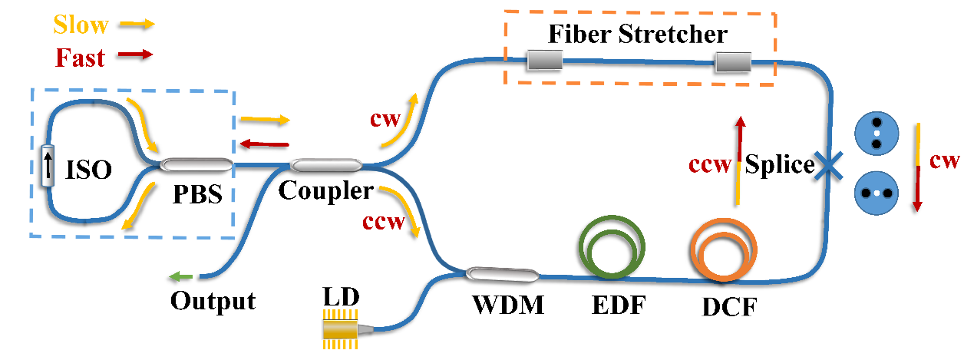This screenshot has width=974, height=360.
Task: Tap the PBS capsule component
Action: point(195,163)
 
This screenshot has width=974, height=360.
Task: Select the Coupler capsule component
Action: point(326,164)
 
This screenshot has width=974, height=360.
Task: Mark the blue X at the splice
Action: point(830,165)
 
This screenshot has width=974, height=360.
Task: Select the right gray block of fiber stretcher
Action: point(733,64)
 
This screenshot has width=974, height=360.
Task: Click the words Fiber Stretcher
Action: point(637,35)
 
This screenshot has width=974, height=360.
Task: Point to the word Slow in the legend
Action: point(81,25)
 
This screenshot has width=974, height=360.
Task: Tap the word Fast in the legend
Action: point(80,56)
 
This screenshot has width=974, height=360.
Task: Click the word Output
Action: point(213,300)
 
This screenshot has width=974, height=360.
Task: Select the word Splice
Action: point(780,165)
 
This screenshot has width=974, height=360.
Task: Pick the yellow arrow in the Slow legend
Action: point(135,24)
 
